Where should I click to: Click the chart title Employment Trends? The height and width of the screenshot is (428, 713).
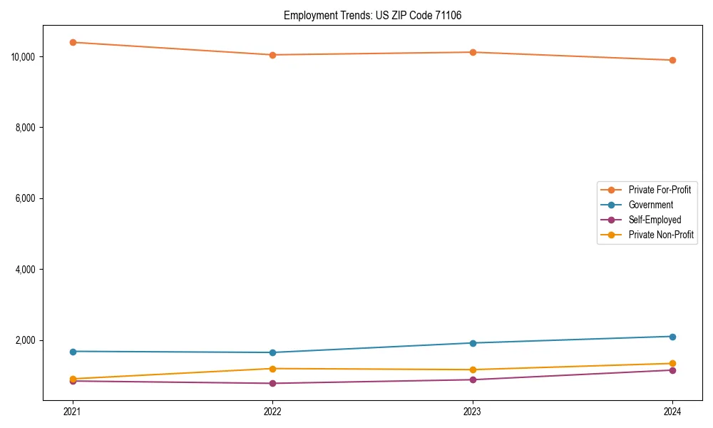click(372, 15)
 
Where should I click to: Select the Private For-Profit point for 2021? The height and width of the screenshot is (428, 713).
click(72, 42)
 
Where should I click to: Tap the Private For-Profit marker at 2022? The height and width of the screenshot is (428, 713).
click(272, 55)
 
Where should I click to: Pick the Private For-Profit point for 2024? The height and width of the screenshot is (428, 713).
click(672, 60)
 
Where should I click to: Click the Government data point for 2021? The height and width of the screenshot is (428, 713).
click(72, 351)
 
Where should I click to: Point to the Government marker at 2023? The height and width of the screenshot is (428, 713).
click(473, 343)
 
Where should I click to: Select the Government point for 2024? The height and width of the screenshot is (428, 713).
click(672, 336)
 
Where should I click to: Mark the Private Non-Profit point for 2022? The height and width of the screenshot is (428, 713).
click(272, 368)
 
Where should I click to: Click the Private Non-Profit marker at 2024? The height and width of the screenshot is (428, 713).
click(672, 363)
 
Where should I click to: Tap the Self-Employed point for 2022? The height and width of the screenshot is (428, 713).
click(272, 383)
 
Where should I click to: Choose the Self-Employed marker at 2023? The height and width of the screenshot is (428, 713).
click(473, 379)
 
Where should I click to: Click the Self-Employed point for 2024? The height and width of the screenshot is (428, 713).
click(672, 370)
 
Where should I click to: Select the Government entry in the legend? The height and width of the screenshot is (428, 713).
click(650, 205)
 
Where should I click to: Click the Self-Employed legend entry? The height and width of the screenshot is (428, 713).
click(655, 220)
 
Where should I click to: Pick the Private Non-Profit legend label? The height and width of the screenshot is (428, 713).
click(661, 235)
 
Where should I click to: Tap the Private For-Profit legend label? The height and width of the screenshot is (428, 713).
click(660, 190)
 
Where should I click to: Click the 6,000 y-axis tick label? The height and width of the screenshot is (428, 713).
click(26, 198)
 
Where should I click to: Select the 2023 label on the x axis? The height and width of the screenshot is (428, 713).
click(473, 412)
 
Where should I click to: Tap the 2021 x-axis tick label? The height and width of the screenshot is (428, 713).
click(72, 412)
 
